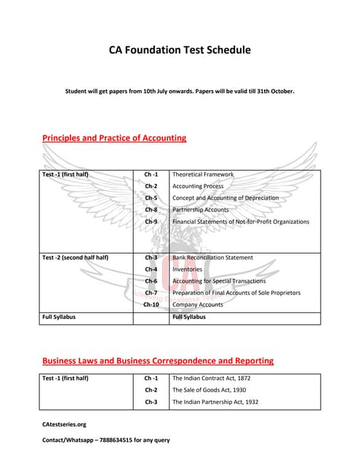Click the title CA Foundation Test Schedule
click(180, 50)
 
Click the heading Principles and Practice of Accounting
click(114, 137)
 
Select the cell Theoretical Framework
click(203, 174)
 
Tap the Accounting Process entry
click(198, 186)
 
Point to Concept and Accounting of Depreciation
click(225, 198)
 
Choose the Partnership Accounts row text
click(201, 209)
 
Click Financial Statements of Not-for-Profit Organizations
click(241, 221)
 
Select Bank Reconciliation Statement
click(212, 257)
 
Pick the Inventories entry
click(188, 269)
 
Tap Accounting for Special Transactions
click(219, 280)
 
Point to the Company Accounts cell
click(198, 304)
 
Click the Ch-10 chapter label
click(151, 304)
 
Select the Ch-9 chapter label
click(151, 221)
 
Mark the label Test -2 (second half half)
click(76, 257)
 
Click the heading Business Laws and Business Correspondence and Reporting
click(158, 360)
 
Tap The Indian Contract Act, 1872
click(212, 378)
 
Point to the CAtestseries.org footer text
click(64, 424)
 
